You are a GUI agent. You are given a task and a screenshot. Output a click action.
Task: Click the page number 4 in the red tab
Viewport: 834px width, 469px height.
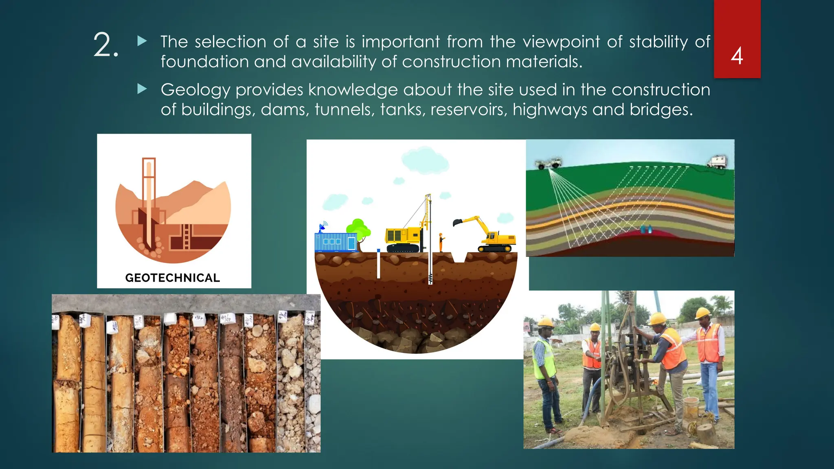(737, 56)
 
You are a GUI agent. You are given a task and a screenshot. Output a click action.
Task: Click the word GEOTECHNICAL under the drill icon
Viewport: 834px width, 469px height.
(172, 278)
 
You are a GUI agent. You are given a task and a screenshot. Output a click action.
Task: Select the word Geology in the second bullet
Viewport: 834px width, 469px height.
(195, 90)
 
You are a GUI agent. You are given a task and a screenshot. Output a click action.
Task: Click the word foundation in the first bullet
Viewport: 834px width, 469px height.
(204, 62)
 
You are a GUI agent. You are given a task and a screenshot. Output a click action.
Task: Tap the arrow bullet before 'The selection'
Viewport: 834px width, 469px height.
(142, 41)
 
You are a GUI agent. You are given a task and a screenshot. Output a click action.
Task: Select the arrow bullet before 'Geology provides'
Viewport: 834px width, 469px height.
(142, 89)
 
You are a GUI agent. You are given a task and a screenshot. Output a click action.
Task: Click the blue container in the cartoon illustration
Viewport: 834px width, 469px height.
(335, 242)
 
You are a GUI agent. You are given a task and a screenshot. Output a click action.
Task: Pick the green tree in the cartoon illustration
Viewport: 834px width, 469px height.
(358, 230)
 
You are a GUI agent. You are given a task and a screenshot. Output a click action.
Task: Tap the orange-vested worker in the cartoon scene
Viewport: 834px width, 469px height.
(441, 242)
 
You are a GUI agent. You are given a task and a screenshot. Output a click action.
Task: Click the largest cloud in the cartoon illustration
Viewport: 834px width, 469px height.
(425, 160)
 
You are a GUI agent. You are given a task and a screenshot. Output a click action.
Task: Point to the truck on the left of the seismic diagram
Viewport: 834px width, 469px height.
(549, 163)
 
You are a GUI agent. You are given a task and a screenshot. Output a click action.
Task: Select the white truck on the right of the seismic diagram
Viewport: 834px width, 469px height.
(718, 161)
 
